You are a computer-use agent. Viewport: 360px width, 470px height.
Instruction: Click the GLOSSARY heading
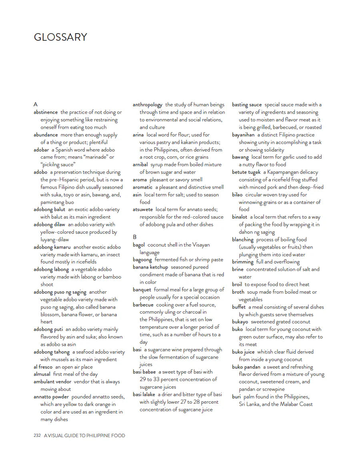point(60,37)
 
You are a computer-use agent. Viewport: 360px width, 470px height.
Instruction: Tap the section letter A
point(36,105)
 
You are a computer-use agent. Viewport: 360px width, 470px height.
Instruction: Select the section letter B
point(135,237)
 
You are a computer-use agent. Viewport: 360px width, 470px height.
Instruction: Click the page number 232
point(38,435)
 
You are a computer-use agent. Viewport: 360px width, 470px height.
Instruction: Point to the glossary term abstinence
point(46,112)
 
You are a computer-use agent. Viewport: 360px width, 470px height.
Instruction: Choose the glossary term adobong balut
point(49,209)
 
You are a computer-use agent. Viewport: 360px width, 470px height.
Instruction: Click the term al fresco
point(43,366)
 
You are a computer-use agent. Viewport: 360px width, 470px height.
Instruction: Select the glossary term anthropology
point(148,105)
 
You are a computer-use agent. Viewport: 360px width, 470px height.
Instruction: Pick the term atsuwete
point(143,209)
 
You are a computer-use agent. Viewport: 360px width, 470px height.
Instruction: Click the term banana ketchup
point(150,267)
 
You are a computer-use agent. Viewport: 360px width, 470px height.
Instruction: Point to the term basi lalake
point(144,394)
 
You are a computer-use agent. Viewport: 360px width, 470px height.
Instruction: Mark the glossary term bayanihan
point(243,135)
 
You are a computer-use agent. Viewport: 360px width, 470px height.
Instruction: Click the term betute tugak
point(246,172)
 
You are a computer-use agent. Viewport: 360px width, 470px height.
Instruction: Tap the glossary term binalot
point(240,217)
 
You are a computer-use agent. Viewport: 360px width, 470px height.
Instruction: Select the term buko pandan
point(246,367)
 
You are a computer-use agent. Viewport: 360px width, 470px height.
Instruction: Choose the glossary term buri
point(236,397)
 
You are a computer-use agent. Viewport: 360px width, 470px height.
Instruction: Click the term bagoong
point(142,260)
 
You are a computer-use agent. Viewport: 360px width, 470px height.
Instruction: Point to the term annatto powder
point(51,397)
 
